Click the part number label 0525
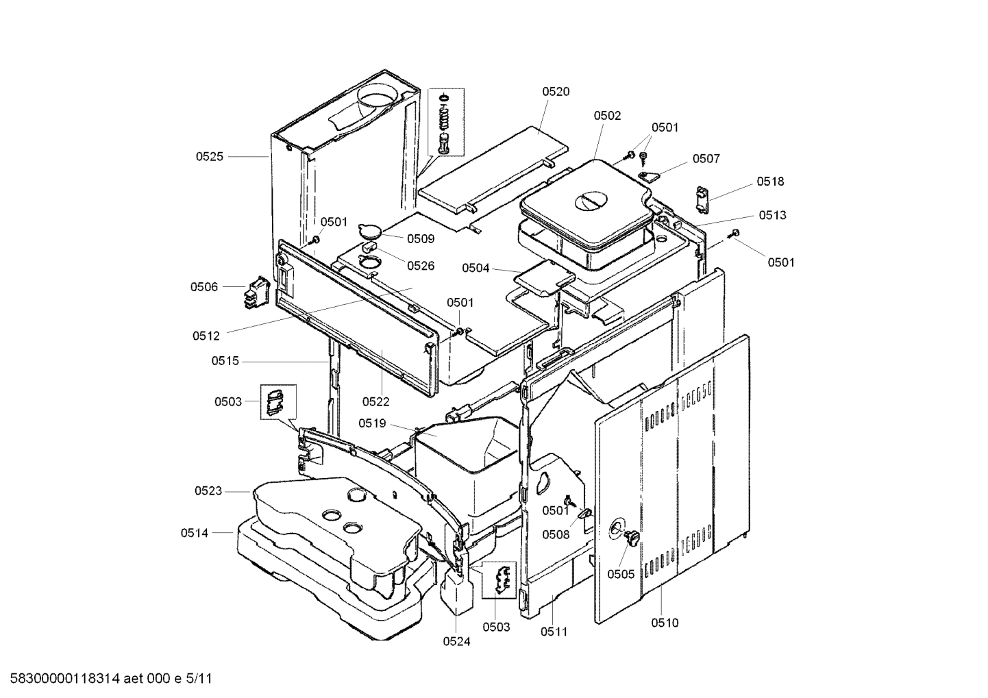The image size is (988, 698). pos(209,157)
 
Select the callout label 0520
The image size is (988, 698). pos(556,92)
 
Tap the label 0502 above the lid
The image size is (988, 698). pos(607,116)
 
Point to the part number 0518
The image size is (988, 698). pos(770,182)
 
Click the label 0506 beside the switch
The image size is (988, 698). pos(204,287)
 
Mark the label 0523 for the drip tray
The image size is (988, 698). pos(208,490)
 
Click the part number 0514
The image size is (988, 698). pos(195,532)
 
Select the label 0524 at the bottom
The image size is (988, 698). pos(456,642)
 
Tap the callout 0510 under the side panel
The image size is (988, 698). pos(665,623)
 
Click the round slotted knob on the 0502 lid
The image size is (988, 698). pos(590,201)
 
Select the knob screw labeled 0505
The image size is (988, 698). pos(631,538)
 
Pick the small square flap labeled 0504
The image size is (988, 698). pos(545,278)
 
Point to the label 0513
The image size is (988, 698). pos(772,215)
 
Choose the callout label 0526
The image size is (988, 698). pos(421,266)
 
